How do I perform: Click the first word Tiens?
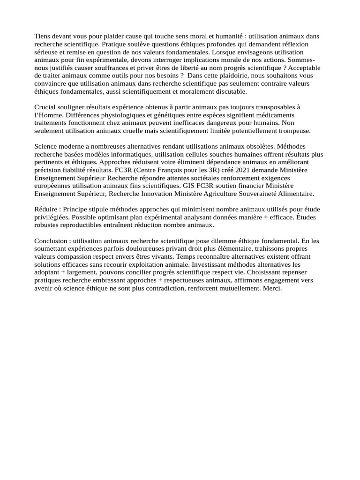(43, 36)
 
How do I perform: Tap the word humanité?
(228, 36)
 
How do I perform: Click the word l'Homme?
(49, 116)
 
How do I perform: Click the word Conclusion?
(52, 241)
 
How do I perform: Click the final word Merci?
(272, 289)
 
